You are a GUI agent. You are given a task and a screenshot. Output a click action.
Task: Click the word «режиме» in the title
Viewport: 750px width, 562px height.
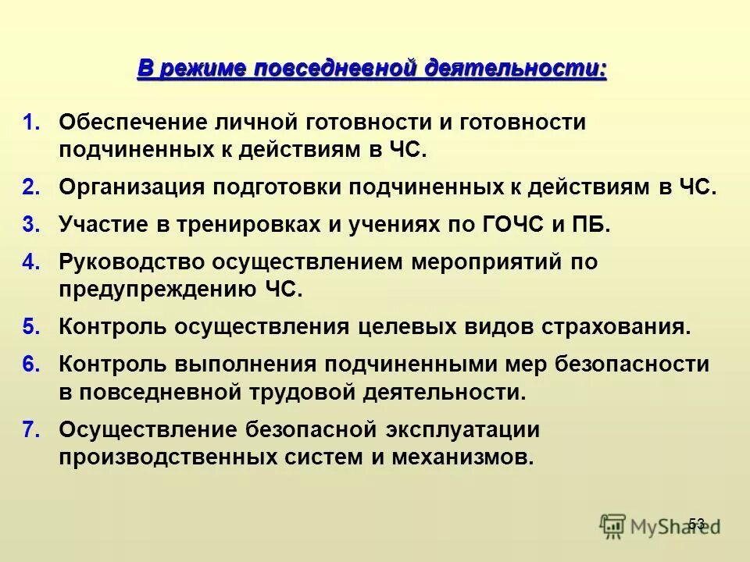point(199,69)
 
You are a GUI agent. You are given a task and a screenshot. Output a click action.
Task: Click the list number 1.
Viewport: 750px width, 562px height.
point(31,123)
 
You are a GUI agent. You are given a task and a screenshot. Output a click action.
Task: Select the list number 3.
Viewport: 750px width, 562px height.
point(31,225)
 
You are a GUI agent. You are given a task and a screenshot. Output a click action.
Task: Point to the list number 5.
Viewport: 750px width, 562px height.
point(31,326)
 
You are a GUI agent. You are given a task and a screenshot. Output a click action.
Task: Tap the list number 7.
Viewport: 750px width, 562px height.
point(31,429)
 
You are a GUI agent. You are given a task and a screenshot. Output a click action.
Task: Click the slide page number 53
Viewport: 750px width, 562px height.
point(697,523)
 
